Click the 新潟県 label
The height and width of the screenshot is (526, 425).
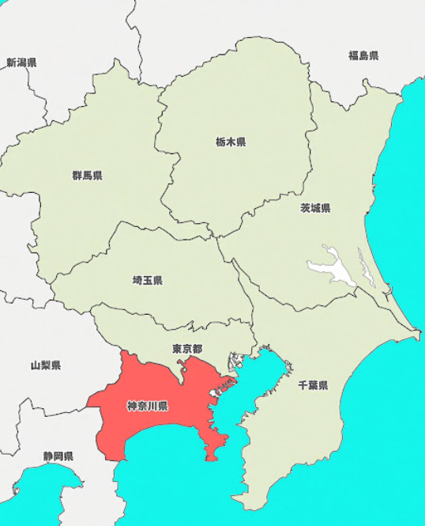(21, 62)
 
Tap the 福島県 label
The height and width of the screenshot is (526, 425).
(363, 55)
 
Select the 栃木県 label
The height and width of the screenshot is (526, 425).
(230, 142)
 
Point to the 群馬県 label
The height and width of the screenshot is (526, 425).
(87, 176)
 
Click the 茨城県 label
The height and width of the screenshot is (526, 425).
(314, 209)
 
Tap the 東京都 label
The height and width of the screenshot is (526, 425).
(187, 349)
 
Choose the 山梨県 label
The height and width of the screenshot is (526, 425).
(46, 365)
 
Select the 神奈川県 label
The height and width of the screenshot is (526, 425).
(147, 407)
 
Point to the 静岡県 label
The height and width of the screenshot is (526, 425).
(58, 456)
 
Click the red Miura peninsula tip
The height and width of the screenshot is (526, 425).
(212, 457)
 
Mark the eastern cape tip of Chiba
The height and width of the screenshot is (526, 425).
(418, 335)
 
